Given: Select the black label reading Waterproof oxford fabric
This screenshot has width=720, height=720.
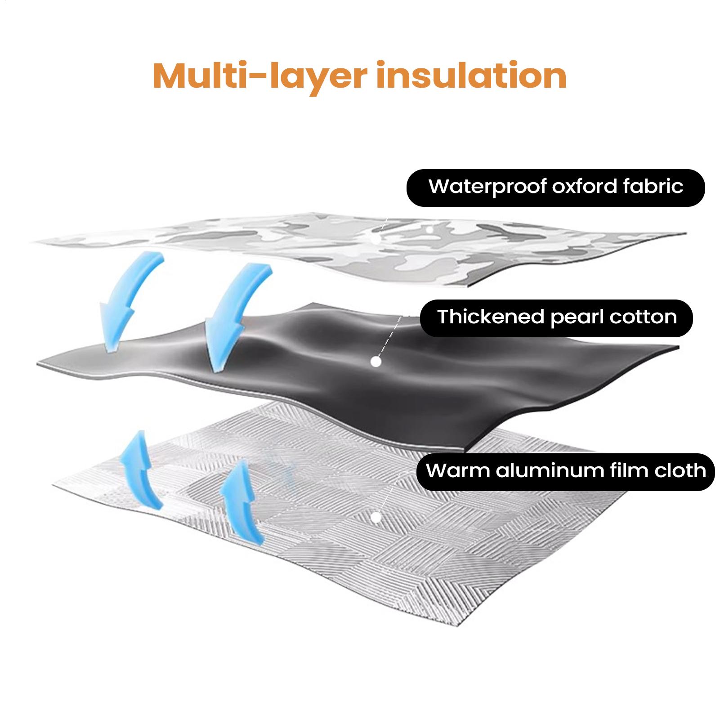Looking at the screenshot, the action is point(555,188).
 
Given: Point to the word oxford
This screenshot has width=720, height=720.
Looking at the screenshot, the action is point(584,186).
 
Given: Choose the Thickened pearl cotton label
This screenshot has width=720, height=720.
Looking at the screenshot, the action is point(556,318).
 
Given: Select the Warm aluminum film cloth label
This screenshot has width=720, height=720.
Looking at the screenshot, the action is point(565,471).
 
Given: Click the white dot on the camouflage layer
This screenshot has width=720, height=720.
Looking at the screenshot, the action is point(429,230).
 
